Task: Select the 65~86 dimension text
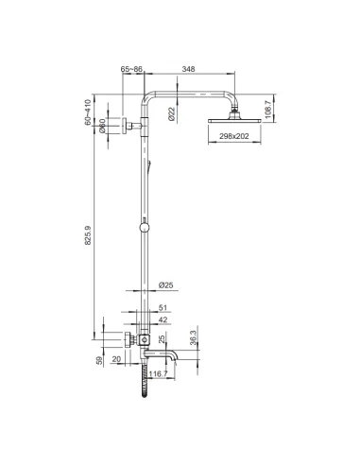133,69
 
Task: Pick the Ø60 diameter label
102,126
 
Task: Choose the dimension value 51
163,307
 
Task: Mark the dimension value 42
163,320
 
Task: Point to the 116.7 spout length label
158,374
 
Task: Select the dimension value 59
102,360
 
